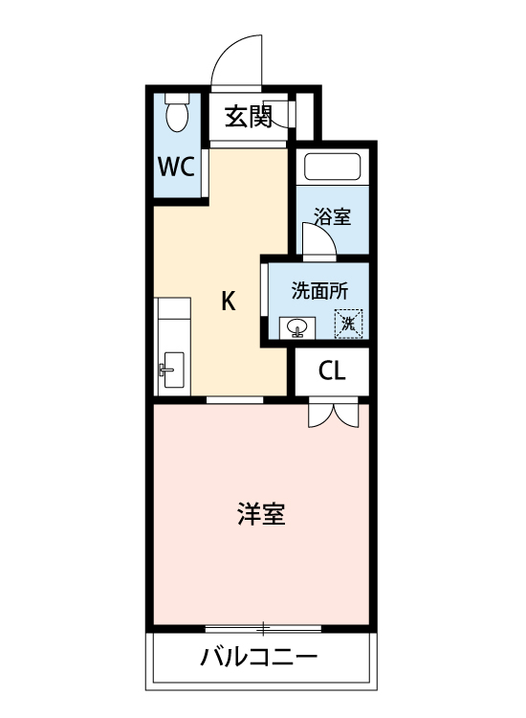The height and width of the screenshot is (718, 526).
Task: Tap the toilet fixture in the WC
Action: click(177, 114)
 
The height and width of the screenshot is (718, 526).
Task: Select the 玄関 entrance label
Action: click(249, 117)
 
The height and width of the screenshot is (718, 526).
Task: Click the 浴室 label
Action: click(332, 216)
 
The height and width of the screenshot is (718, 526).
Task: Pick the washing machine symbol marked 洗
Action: click(349, 324)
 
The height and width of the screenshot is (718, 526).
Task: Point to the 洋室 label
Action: click(260, 514)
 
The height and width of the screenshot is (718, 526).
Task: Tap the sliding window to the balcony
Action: click(263, 628)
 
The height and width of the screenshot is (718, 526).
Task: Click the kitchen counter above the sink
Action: click(172, 321)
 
